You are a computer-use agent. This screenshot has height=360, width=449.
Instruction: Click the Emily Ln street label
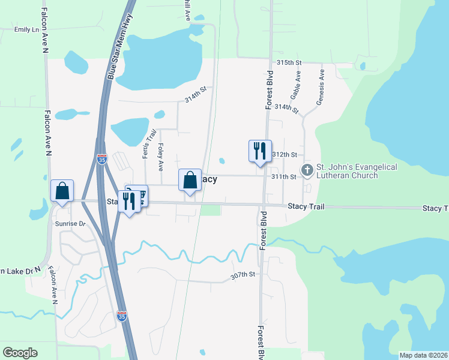(26, 29)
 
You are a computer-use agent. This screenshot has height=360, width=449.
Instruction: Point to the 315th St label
(288, 63)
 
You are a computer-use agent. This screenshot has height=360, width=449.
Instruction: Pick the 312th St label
(285, 155)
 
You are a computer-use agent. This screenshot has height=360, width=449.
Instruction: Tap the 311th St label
(284, 177)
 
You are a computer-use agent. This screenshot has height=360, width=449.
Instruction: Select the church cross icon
(307, 171)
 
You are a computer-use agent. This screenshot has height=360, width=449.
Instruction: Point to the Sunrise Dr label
(71, 224)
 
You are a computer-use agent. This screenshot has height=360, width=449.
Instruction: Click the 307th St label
(243, 275)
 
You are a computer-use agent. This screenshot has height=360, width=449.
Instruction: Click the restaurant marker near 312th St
(260, 151)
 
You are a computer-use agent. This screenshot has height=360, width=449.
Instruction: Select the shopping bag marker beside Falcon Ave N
(62, 191)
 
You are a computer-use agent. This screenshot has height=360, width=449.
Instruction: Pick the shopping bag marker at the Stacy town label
(190, 179)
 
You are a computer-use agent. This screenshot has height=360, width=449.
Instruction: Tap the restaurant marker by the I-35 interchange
(129, 200)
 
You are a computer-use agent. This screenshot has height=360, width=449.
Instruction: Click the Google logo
(20, 353)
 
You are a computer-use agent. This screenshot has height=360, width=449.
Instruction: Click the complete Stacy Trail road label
(306, 206)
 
